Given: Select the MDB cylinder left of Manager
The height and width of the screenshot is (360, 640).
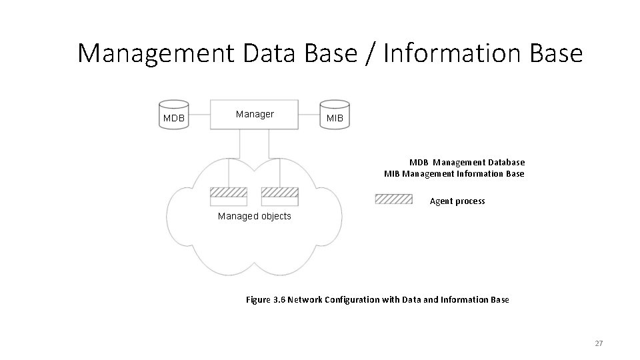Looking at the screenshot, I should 174,115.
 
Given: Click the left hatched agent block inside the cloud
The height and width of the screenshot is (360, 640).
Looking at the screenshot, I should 229,192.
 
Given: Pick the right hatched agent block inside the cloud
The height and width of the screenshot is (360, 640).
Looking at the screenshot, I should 279,192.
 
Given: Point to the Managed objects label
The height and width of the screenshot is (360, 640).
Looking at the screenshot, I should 255,217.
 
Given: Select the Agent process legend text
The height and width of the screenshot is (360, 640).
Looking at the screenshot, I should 457,201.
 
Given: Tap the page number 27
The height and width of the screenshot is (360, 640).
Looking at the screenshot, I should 598,343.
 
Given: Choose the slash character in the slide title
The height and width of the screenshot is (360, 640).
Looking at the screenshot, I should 372,53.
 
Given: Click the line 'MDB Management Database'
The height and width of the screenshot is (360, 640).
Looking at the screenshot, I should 467,162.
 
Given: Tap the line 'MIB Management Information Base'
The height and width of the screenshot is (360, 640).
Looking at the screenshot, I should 454,174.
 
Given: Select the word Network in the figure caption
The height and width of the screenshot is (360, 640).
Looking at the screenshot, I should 306,300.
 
